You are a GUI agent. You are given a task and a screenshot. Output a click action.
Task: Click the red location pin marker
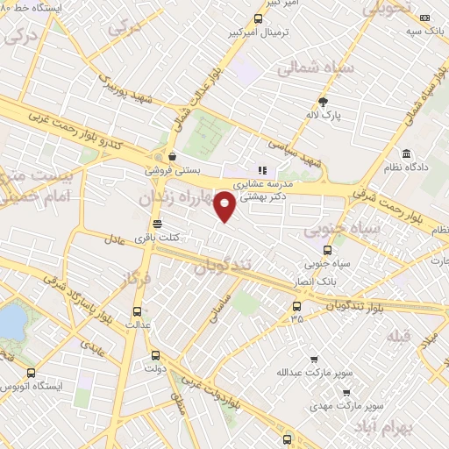[x=225, y=206]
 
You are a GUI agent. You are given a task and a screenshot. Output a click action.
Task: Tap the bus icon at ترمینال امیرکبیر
[x=258, y=18]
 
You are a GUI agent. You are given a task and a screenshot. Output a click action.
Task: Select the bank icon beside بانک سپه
[x=424, y=18]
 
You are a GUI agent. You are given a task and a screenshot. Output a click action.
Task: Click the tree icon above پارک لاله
[x=323, y=101]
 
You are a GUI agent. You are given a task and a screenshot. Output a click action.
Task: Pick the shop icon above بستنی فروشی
[x=173, y=157]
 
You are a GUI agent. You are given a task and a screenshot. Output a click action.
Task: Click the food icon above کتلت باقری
[x=156, y=223]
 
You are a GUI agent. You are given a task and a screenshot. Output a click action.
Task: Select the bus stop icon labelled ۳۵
[x=296, y=306]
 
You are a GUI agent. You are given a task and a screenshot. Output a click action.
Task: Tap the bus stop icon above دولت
[x=156, y=355]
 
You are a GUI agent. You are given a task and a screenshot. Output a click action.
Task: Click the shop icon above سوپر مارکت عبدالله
[x=314, y=359]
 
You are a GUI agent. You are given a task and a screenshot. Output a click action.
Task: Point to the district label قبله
[x=399, y=336]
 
